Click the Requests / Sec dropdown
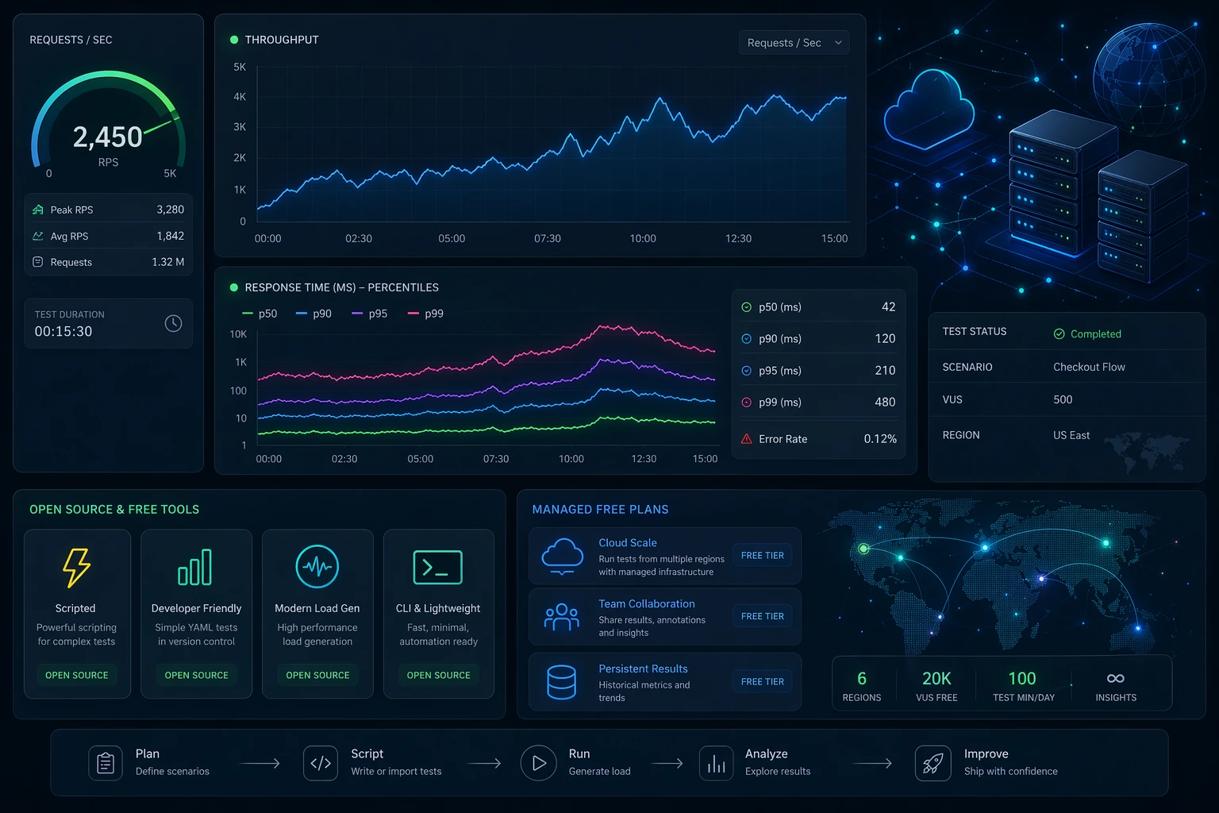pos(793,43)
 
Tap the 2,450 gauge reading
pos(108,137)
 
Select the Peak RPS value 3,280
pos(170,210)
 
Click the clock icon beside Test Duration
pos(173,323)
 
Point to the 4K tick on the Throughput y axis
pos(240,97)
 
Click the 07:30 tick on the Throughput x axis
pos(548,238)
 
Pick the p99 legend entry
pos(425,314)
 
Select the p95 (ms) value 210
pos(885,371)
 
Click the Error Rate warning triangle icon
pos(747,439)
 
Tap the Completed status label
pos(1095,334)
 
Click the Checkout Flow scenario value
pos(1089,367)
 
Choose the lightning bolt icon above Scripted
pos(76,568)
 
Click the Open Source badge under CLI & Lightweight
pos(438,675)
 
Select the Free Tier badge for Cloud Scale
pos(762,556)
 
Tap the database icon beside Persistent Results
pos(562,682)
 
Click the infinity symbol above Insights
pos(1115,678)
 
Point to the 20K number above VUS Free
pos(936,679)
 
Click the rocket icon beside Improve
pos(933,763)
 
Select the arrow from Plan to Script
pos(260,764)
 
